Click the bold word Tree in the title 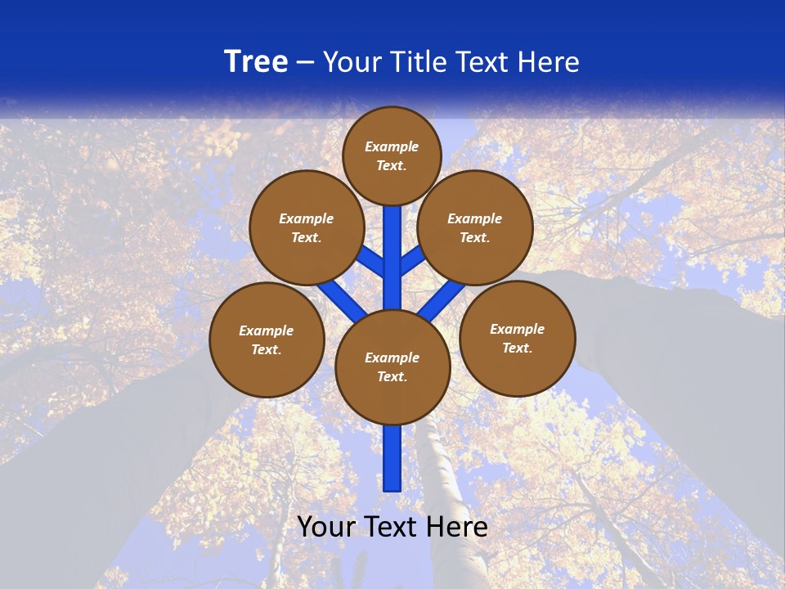[x=256, y=62]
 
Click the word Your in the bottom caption [x=325, y=528]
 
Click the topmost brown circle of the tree [x=392, y=155]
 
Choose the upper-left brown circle [x=307, y=227]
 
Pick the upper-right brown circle [x=475, y=227]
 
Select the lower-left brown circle [x=267, y=339]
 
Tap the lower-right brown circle [x=517, y=338]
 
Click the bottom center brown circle [x=392, y=366]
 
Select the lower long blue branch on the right [x=442, y=299]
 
